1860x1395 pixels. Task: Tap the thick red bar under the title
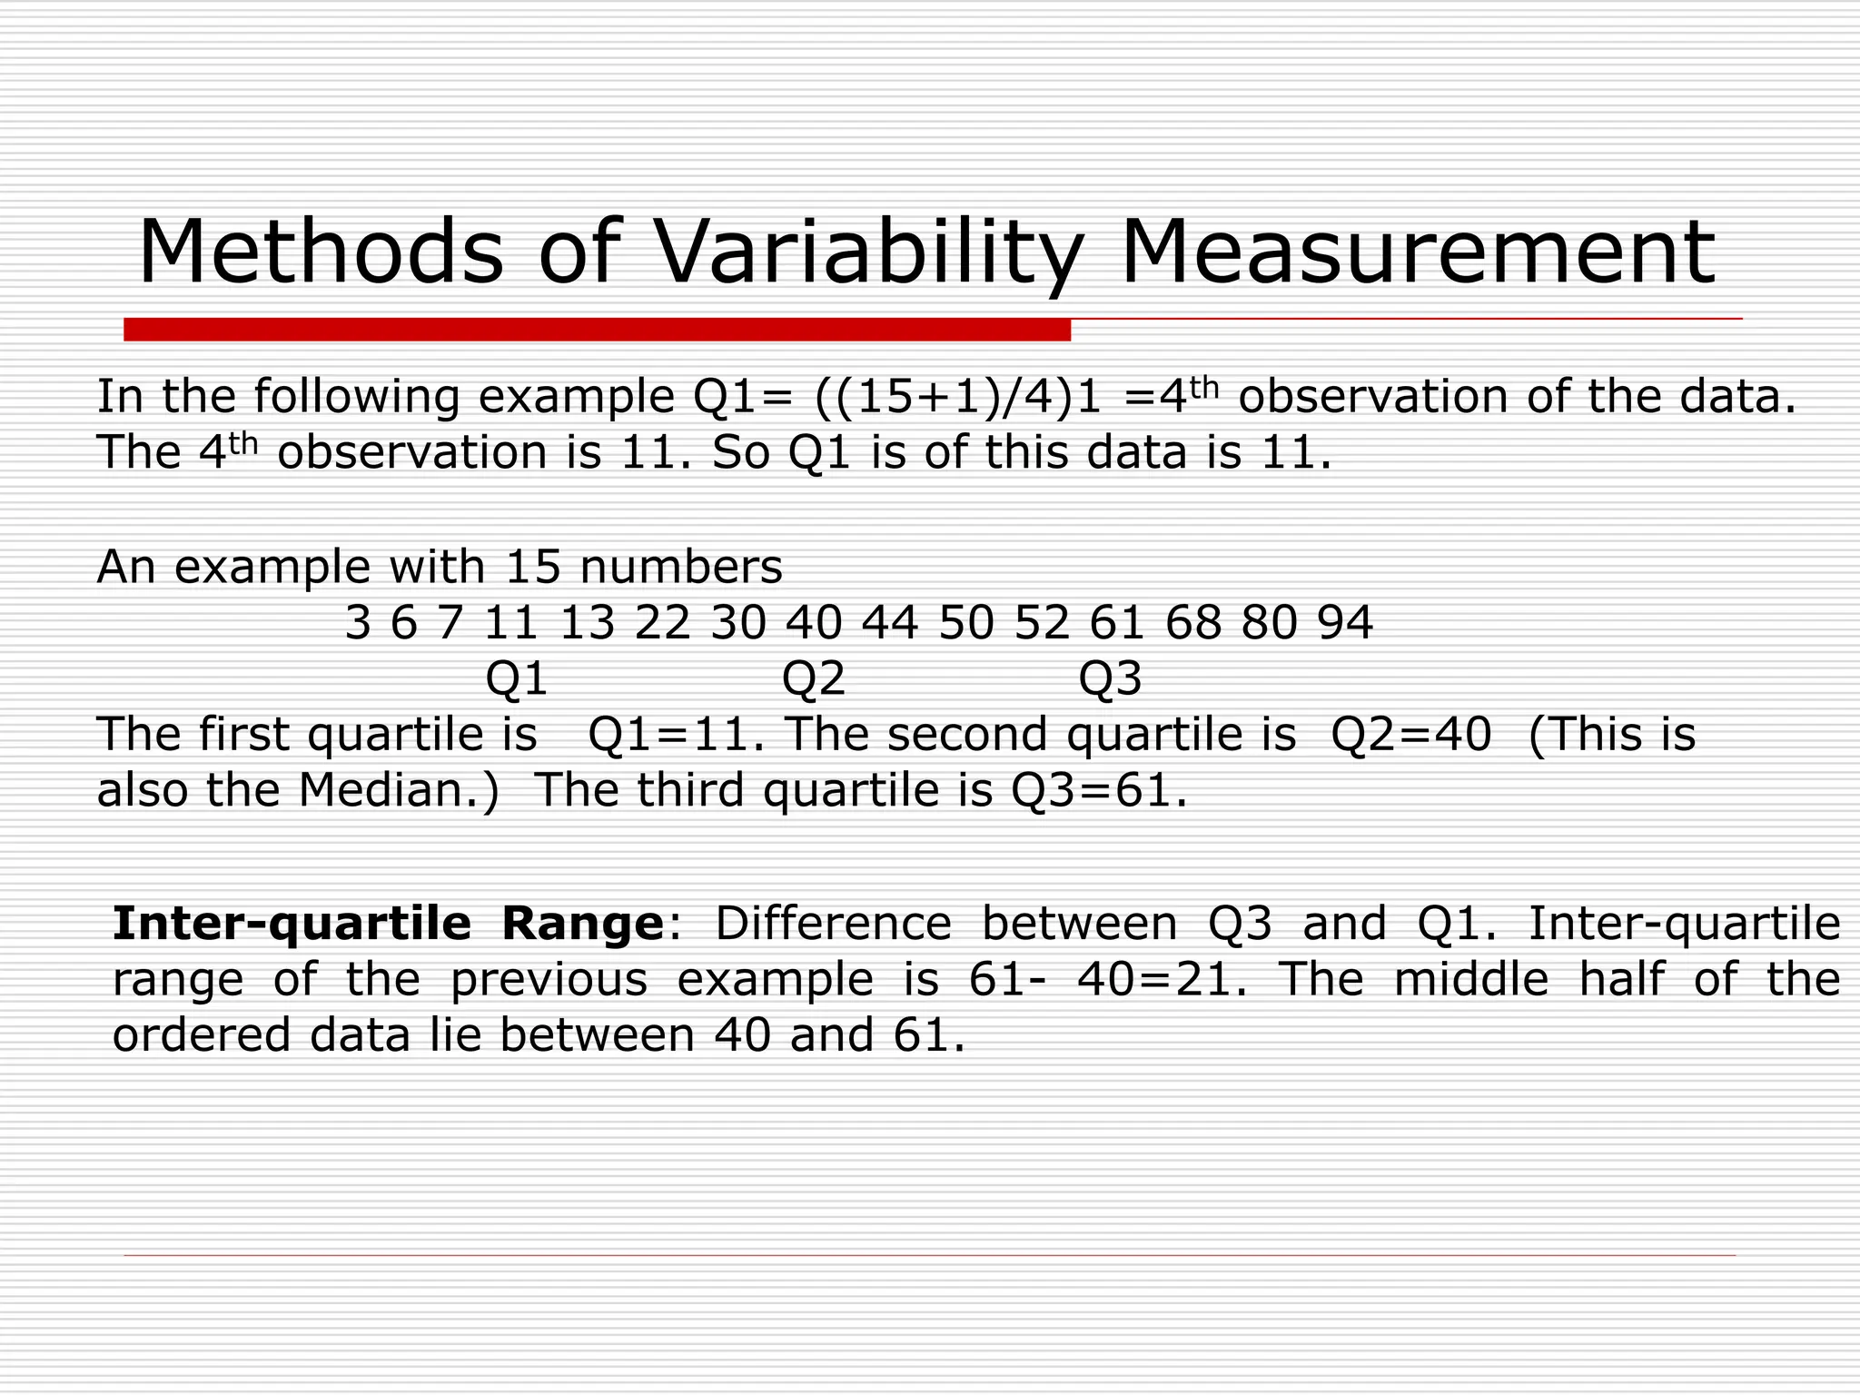coord(597,330)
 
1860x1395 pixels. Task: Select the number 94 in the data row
coord(1345,624)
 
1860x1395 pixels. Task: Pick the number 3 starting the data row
coord(358,624)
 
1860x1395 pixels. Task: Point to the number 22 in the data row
coord(662,624)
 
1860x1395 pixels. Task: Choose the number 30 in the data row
coord(738,624)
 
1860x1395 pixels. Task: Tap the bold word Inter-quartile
coord(292,924)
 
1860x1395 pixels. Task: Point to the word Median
coord(398,790)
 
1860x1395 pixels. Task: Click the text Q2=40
coord(1410,735)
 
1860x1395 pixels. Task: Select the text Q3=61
coord(1098,790)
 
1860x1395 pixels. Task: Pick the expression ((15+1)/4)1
coord(959,397)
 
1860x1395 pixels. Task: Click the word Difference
coord(833,924)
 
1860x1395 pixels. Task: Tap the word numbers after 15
coord(680,568)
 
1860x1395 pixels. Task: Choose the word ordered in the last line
coord(201,1035)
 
